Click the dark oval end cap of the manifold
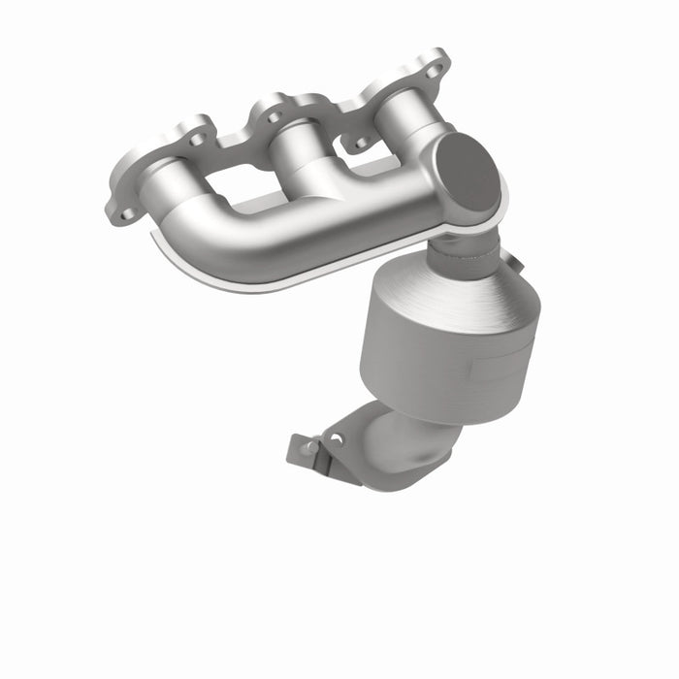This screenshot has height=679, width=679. [x=468, y=174]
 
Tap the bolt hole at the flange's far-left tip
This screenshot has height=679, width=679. [x=125, y=214]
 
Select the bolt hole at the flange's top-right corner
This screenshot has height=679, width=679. [x=434, y=70]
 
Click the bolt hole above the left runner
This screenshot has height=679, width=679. [x=198, y=140]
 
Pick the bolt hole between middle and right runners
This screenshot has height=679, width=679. [x=361, y=144]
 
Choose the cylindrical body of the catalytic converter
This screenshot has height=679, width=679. [x=427, y=369]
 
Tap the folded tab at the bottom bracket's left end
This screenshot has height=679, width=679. [x=301, y=450]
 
